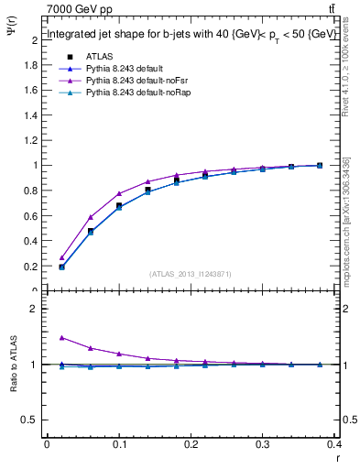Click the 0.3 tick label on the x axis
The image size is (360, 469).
pyautogui.click(x=263, y=445)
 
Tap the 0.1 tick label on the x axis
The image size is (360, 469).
pyautogui.click(x=119, y=445)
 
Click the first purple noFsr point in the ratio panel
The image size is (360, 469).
pyautogui.click(x=61, y=337)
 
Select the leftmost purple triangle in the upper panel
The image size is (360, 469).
pyautogui.click(x=61, y=257)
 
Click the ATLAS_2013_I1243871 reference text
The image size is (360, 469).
pyautogui.click(x=189, y=274)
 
